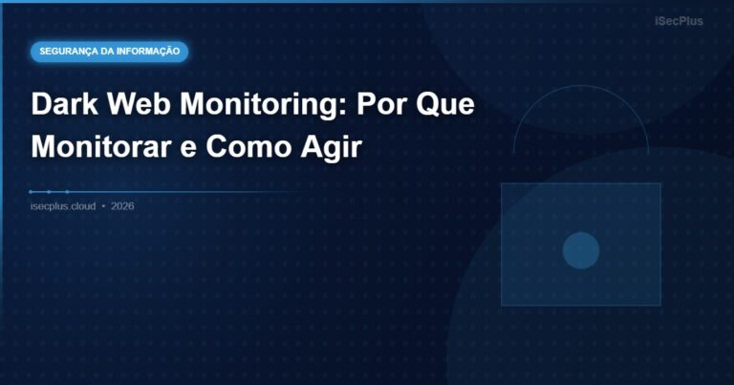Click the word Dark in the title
click(x=62, y=105)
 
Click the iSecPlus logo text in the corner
click(x=679, y=20)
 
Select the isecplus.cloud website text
click(x=63, y=206)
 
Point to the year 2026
click(x=122, y=206)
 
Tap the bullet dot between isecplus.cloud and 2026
click(x=103, y=206)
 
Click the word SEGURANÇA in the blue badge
click(x=72, y=51)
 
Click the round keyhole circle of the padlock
click(x=580, y=250)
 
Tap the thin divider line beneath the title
click(x=191, y=192)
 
